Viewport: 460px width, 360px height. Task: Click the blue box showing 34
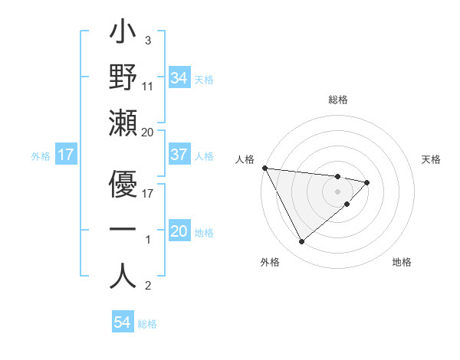(x=179, y=78)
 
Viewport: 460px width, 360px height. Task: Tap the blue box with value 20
(x=179, y=232)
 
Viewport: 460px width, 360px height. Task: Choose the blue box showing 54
(x=122, y=323)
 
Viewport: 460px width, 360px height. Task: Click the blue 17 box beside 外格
(x=65, y=155)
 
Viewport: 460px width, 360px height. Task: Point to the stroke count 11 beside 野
(x=149, y=87)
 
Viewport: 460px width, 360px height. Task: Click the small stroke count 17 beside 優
(x=149, y=194)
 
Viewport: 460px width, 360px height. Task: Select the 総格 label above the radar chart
(x=338, y=100)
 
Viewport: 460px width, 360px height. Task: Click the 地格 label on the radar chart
(x=402, y=262)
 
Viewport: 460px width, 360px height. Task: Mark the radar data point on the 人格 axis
(x=264, y=167)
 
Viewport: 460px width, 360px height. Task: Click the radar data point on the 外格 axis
(x=301, y=241)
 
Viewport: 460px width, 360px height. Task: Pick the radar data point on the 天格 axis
(x=367, y=182)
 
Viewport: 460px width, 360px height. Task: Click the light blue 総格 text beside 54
(x=147, y=324)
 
